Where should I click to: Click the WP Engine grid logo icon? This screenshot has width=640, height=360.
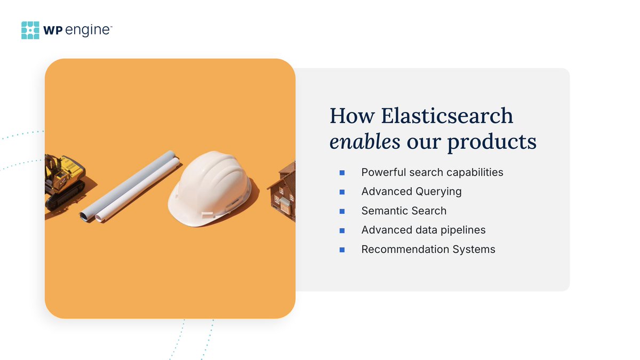pyautogui.click(x=30, y=30)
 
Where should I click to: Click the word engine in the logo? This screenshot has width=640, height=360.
pyautogui.click(x=87, y=30)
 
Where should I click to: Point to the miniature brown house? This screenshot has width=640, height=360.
pyautogui.click(x=282, y=191)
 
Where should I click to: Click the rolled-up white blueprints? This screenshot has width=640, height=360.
pyautogui.click(x=130, y=186)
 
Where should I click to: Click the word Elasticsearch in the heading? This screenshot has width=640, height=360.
pyautogui.click(x=447, y=116)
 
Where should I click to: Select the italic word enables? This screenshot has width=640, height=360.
pyautogui.click(x=365, y=141)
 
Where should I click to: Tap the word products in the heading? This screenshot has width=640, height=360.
pyautogui.click(x=492, y=142)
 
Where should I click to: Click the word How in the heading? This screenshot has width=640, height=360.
pyautogui.click(x=352, y=116)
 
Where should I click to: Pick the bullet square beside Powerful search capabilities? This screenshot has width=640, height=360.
pyautogui.click(x=342, y=173)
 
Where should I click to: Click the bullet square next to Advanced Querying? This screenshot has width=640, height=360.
pyautogui.click(x=342, y=192)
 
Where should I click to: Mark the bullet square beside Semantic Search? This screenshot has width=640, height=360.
pyautogui.click(x=342, y=211)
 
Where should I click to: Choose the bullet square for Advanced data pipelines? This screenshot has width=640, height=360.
pyautogui.click(x=342, y=230)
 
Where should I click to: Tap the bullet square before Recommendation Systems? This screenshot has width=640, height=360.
pyautogui.click(x=342, y=250)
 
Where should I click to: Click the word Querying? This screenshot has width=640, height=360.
pyautogui.click(x=438, y=191)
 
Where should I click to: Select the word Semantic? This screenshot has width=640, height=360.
pyautogui.click(x=383, y=211)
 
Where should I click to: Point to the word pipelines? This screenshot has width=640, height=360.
pyautogui.click(x=463, y=230)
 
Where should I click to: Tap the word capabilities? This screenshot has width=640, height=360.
pyautogui.click(x=475, y=173)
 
